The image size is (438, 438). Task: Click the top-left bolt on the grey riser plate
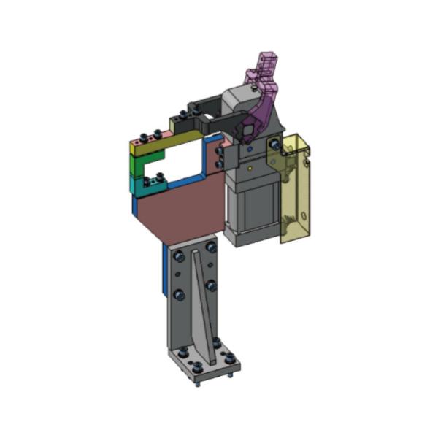pos(179,256)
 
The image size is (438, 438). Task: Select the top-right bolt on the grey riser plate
pos(211,248)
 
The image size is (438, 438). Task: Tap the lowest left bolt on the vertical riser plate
pos(178,295)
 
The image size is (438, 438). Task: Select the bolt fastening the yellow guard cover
pos(274,147)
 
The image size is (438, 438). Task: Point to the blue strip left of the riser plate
pos(164,270)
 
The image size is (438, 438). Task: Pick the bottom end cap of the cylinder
pos(252,237)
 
